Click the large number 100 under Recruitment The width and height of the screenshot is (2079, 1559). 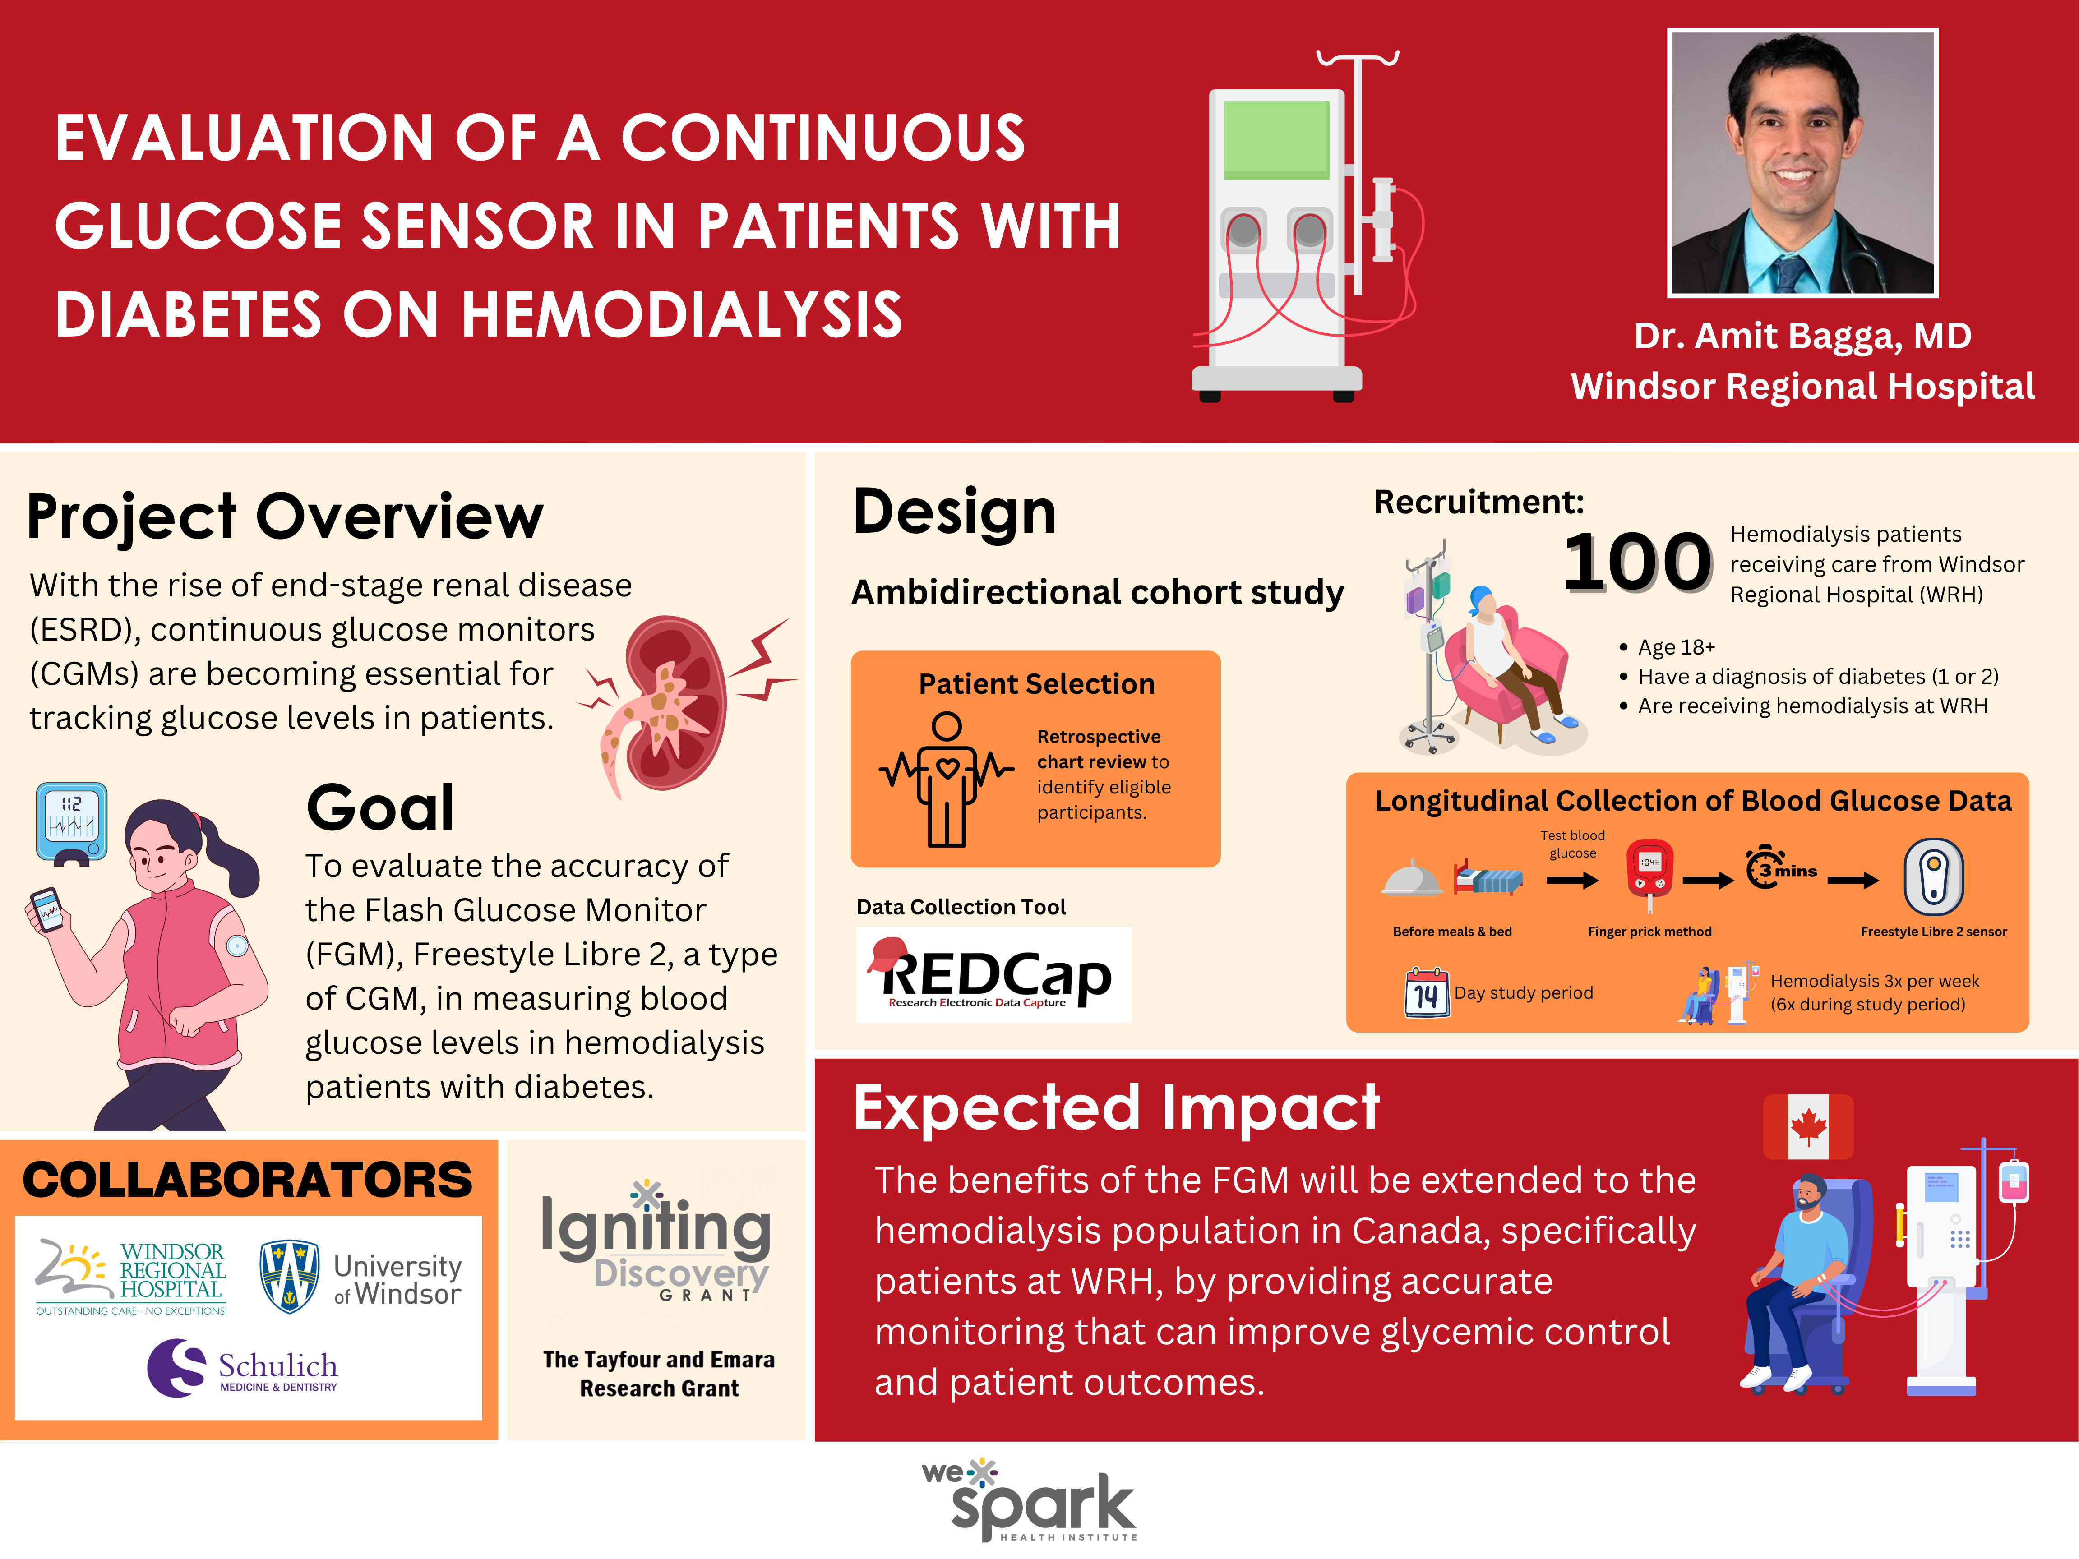[x=1637, y=562]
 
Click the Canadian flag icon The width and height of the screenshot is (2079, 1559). [x=1807, y=1126]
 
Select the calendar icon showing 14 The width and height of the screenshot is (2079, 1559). [x=1426, y=992]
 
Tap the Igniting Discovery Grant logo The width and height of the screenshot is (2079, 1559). [x=656, y=1241]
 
